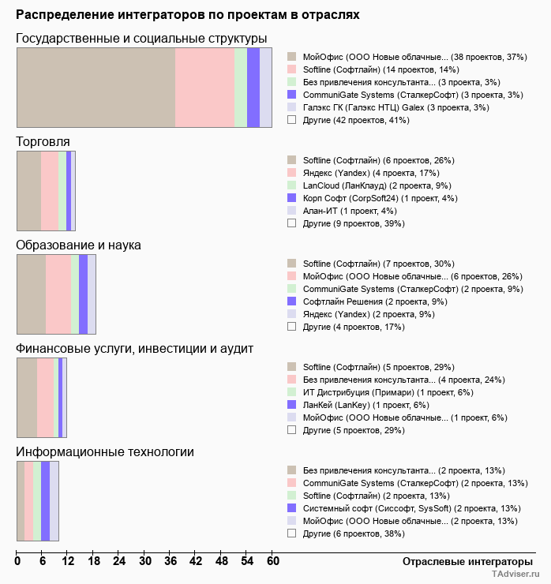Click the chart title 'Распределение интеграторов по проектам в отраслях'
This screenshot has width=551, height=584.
[187, 15]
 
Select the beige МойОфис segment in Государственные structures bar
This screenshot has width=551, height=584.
[96, 87]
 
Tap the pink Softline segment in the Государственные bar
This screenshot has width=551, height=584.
[204, 87]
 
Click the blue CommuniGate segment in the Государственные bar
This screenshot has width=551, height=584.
[253, 87]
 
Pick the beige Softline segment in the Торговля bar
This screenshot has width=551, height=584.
[29, 190]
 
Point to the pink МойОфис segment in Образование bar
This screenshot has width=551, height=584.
[58, 294]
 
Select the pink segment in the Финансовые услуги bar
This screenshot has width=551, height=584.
[45, 397]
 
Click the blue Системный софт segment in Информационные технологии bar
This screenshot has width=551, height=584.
[46, 500]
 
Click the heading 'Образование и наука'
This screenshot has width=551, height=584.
[79, 245]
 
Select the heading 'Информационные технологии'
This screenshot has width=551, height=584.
[105, 451]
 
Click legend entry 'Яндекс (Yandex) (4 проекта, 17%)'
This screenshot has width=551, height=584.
[370, 173]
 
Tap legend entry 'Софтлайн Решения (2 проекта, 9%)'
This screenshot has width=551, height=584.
[375, 301]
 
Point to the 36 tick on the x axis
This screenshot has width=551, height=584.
[171, 561]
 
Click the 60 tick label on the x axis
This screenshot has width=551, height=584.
[272, 561]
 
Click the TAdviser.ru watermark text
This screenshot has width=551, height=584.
[515, 575]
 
